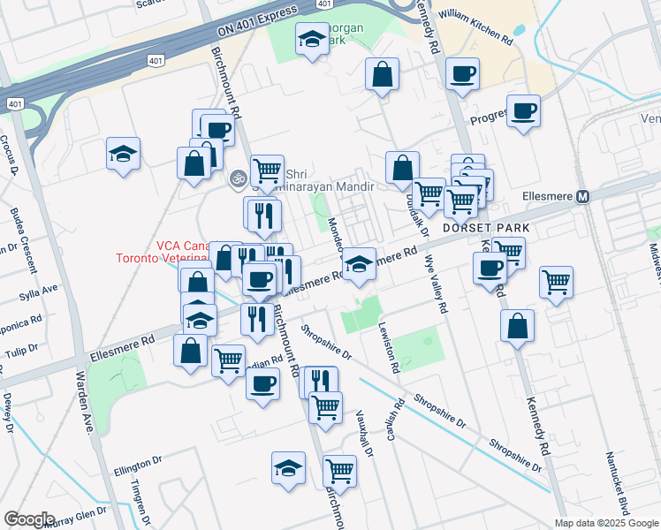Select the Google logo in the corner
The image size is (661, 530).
29,519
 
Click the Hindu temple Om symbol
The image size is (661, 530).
236,178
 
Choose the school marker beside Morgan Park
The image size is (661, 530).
311,40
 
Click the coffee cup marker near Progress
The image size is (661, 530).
523,111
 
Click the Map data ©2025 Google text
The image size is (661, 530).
605,522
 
